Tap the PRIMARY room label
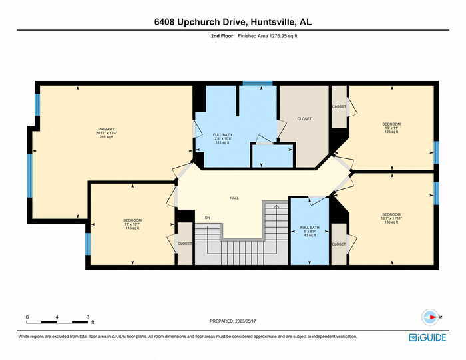click(107, 129)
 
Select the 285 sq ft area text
click(107, 137)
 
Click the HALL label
click(234, 198)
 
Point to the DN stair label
click(207, 218)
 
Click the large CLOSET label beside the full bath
click(304, 119)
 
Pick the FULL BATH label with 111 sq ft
click(221, 134)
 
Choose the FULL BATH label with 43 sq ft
click(310, 228)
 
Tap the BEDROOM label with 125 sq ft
click(391, 124)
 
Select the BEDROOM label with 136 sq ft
click(391, 214)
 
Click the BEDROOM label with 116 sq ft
click(132, 220)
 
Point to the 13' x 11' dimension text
click(391, 128)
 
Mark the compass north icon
click(430, 317)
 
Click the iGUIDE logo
click(427, 337)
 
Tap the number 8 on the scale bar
click(88, 317)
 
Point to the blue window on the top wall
click(257, 83)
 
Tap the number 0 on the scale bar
click(27, 317)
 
